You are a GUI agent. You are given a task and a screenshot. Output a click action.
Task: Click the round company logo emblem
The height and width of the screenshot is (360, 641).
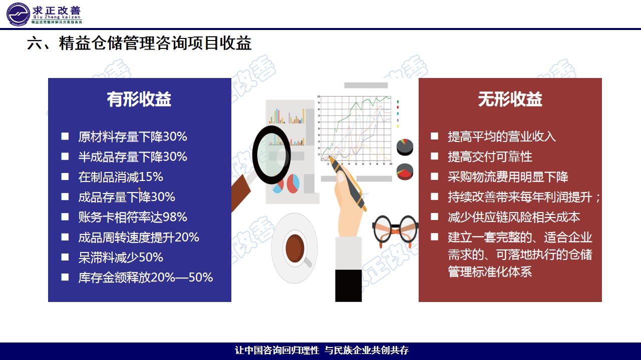coord(19,14)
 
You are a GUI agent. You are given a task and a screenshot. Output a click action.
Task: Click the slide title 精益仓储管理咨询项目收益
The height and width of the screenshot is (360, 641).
coord(155,43)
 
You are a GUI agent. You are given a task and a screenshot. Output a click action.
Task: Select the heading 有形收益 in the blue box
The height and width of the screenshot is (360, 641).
coord(139,99)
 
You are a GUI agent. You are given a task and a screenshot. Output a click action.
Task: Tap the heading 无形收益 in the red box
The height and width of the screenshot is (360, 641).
coord(510,99)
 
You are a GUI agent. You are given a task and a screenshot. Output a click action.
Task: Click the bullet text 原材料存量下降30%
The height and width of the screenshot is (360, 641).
coord(133,136)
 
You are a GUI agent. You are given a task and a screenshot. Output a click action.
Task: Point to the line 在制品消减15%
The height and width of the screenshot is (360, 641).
coord(121,177)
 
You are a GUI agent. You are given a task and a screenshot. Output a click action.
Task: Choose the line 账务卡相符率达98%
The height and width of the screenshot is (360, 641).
coord(133,217)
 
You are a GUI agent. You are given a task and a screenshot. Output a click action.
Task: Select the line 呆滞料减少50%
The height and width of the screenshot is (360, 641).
coord(121,257)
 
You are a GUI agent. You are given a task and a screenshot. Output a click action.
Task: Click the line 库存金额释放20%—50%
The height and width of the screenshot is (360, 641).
coord(146,277)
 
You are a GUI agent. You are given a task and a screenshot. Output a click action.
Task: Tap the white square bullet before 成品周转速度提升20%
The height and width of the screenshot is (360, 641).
coord(65,237)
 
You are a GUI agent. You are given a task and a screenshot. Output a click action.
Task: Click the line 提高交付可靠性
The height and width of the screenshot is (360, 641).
coord(490,156)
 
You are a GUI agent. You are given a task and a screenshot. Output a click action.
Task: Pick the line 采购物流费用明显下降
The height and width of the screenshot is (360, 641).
coord(508,177)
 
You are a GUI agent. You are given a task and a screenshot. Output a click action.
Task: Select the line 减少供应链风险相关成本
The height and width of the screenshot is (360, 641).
coord(514,217)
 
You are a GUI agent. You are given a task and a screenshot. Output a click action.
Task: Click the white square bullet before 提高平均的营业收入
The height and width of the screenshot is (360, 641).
coord(434,136)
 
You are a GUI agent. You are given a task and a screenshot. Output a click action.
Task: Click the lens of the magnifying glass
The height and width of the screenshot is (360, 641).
coord(271,155)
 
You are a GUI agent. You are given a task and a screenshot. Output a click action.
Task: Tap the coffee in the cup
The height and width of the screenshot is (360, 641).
coord(295,248)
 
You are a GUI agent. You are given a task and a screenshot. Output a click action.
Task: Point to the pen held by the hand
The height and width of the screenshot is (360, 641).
coord(348,183)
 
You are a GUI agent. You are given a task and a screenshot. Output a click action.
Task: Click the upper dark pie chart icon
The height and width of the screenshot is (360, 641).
coord(405,147)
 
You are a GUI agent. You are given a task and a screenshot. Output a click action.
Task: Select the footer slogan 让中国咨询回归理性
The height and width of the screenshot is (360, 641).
coord(277,350)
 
